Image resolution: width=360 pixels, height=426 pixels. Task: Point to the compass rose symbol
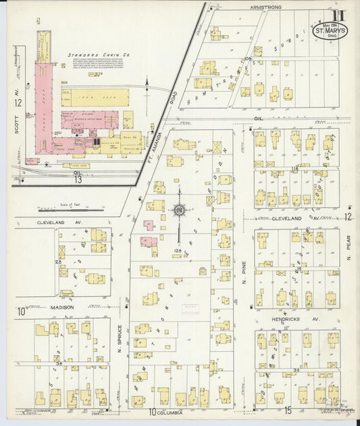pyautogui.click(x=180, y=211)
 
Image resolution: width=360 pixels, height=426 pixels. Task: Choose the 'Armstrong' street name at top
pyautogui.click(x=265, y=7)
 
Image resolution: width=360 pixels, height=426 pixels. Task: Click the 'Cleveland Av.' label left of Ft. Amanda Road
pyautogui.click(x=59, y=221)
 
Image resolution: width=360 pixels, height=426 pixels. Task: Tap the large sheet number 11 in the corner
pyautogui.click(x=336, y=15)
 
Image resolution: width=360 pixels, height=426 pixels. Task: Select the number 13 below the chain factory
pyautogui.click(x=78, y=179)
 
